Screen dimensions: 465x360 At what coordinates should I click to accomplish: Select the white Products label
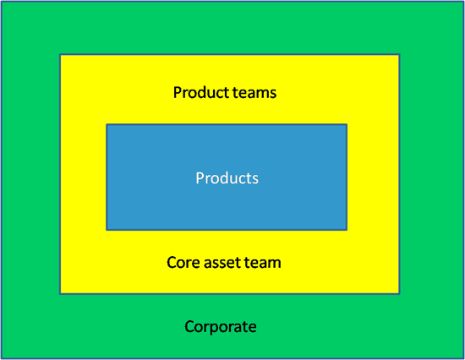227,178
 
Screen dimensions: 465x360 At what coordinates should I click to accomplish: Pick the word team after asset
262,263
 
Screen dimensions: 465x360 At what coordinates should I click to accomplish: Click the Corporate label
221,327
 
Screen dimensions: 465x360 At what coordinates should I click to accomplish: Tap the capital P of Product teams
178,92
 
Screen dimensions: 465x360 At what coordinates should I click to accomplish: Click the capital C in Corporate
189,326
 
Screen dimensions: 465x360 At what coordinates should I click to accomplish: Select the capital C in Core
172,263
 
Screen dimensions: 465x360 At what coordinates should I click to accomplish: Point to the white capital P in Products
200,178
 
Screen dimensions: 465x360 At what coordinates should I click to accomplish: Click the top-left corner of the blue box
107,124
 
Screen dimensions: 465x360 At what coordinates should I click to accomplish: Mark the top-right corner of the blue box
347,124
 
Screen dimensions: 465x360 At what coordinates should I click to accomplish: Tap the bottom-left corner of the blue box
107,230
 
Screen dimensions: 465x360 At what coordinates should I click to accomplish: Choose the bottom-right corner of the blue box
347,230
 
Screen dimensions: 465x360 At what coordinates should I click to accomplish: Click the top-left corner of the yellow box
60,54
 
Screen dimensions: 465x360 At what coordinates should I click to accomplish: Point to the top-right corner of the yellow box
399,54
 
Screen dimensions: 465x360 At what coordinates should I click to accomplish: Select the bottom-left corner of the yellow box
60,294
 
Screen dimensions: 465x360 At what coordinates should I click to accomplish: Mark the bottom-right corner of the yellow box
399,294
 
